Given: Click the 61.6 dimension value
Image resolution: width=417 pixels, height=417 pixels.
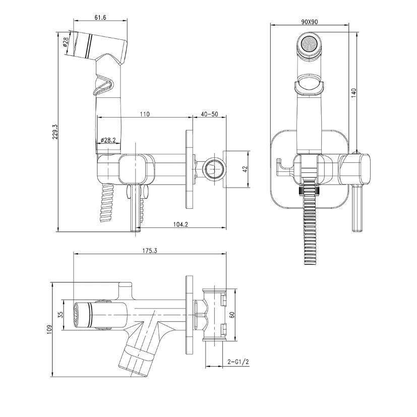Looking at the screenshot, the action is pos(100,17).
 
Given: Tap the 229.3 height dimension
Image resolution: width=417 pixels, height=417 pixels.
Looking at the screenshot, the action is pos(55,132).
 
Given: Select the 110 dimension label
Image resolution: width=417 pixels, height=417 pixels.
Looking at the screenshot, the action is pos(145,114).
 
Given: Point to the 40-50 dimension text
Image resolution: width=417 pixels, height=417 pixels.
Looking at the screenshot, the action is pos(210,114).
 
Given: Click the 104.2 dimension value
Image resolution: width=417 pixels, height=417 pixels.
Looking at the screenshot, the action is pos(181,224).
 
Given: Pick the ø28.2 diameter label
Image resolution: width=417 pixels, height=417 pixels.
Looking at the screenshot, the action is pos(108,140).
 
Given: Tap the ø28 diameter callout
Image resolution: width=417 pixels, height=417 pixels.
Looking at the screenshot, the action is pos(66,42).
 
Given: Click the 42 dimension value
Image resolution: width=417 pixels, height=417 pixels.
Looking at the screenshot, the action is pos(245,169).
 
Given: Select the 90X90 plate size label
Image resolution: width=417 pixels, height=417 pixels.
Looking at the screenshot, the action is pos(310,22).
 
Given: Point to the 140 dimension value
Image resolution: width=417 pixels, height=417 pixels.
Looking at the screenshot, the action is pos(353,93).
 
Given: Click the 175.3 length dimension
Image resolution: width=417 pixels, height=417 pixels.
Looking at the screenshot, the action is pos(150,251).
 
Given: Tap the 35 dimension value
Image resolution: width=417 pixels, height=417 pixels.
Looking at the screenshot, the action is pos(61,315).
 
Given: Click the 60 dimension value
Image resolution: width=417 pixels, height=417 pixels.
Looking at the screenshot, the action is pos(231,315).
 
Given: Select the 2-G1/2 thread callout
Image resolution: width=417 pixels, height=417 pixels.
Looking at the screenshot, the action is pos(239,362).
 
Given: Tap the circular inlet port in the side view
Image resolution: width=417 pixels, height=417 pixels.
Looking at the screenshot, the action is pos(214,169).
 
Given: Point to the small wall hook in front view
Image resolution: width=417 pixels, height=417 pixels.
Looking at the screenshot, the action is pos(284,167).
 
